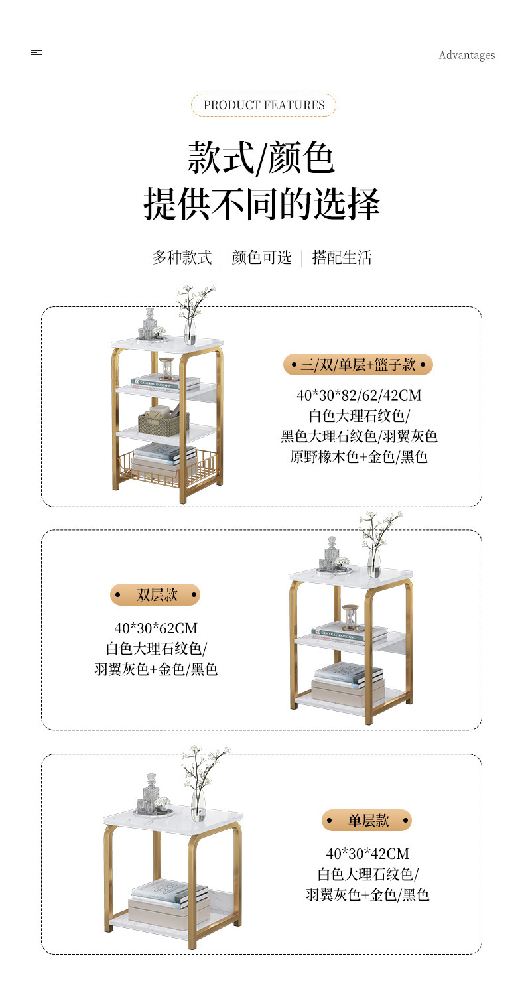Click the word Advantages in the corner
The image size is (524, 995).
click(467, 55)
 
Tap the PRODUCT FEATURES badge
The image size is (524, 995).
click(264, 105)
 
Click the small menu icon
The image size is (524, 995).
click(36, 53)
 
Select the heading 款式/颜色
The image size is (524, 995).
click(261, 158)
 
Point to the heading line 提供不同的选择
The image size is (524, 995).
click(261, 204)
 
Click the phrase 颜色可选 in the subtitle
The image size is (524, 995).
click(261, 257)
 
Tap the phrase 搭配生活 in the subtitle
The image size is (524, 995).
click(342, 257)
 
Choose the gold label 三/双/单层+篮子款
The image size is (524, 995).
click(358, 365)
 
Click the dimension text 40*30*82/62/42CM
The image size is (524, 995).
click(359, 395)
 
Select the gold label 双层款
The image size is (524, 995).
click(155, 595)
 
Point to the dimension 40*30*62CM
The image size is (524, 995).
click(156, 628)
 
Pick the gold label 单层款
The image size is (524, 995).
click(367, 820)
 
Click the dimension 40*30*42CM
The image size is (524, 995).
click(367, 853)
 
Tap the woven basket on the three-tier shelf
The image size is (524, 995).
click(163, 421)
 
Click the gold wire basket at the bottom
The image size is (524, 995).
click(168, 469)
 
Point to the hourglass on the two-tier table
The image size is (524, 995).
click(350, 617)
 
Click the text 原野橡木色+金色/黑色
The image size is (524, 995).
click(359, 456)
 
